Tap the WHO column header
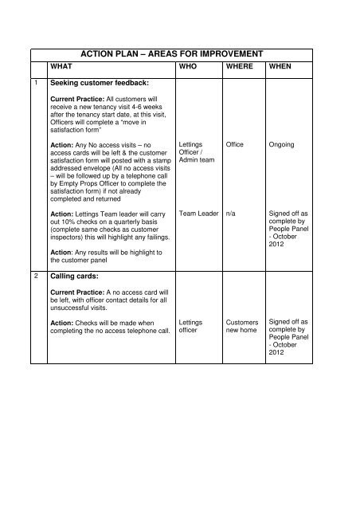coord(189,68)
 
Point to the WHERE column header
coord(240,68)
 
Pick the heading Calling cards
coord(76,277)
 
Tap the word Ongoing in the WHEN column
coord(284,145)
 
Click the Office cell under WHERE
coord(235,145)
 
